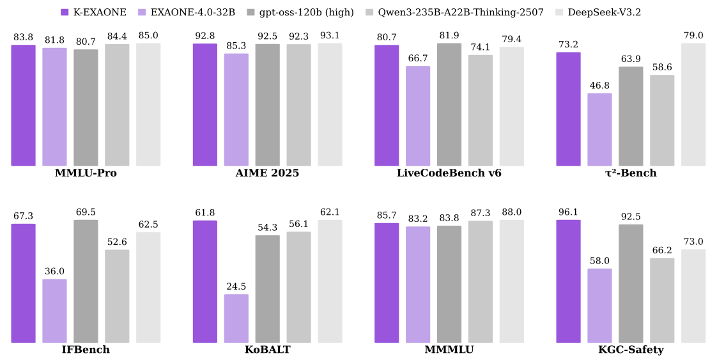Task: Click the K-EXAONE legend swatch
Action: click(x=65, y=12)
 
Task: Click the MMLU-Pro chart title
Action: click(x=86, y=173)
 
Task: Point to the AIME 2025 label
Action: click(x=267, y=173)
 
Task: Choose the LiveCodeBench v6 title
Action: click(x=449, y=173)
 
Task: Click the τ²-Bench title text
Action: click(x=631, y=173)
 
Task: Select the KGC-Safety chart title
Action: click(x=631, y=350)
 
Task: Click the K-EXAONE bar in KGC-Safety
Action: click(x=568, y=281)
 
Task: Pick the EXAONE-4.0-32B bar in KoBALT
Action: click(x=236, y=318)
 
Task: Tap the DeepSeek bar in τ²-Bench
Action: click(x=693, y=105)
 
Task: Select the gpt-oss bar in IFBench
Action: click(x=86, y=281)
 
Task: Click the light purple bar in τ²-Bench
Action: click(x=599, y=130)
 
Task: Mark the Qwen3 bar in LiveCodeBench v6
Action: click(x=481, y=111)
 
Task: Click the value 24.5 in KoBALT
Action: click(x=236, y=286)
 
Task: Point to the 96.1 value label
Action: click(x=568, y=212)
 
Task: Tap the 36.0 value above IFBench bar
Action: click(x=54, y=271)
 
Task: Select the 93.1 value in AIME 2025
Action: click(x=330, y=35)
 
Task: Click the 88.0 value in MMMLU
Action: click(x=511, y=212)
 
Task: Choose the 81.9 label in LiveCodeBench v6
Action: click(x=449, y=35)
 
